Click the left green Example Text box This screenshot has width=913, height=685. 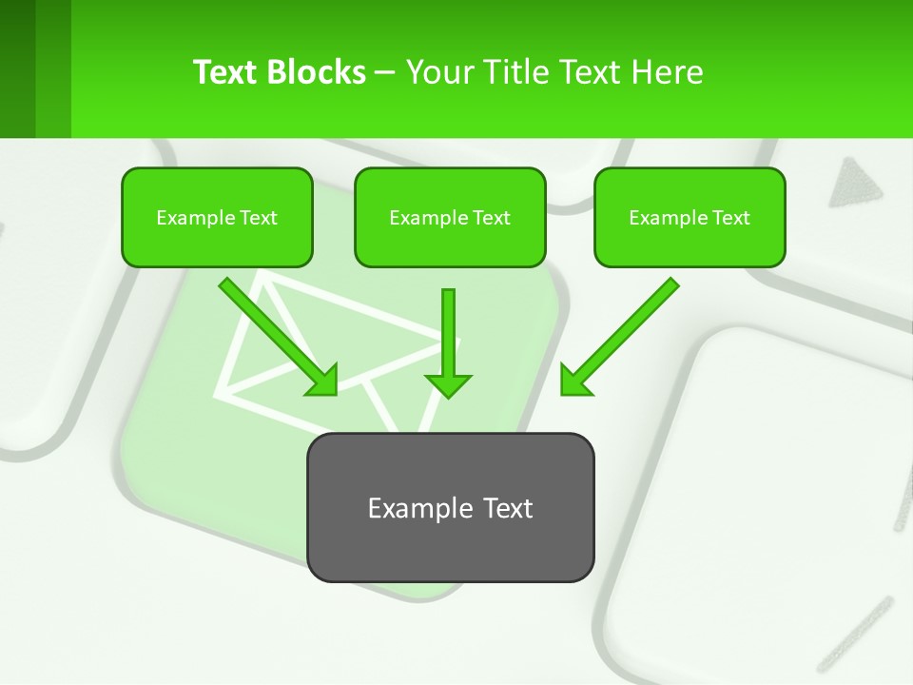(217, 217)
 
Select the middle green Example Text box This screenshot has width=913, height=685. (450, 217)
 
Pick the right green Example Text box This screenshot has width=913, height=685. (690, 217)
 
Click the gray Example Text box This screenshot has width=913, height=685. (450, 507)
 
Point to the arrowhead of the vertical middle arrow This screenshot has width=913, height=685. (448, 385)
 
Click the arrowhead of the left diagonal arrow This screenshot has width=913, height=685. (323, 382)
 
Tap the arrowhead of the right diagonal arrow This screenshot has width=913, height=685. (574, 381)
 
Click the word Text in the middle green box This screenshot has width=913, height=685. (492, 218)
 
